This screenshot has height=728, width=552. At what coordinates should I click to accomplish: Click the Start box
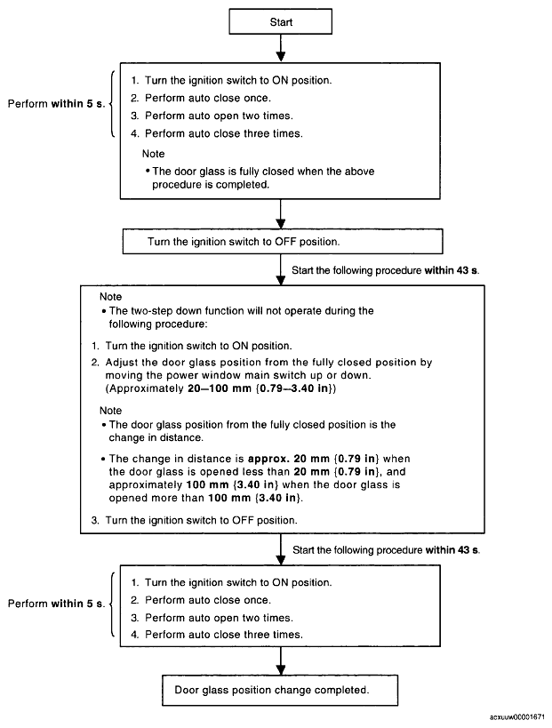[280, 21]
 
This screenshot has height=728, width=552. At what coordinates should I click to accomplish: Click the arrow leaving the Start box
[280, 48]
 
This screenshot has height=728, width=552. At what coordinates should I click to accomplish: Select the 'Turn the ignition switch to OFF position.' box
[283, 242]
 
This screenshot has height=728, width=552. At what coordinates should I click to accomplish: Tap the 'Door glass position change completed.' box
[280, 690]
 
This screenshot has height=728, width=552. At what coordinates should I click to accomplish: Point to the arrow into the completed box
[280, 660]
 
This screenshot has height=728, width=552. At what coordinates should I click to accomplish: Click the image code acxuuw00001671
[517, 717]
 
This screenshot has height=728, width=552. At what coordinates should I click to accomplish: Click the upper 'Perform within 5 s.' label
[56, 103]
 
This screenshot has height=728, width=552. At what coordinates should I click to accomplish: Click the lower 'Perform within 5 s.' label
[56, 604]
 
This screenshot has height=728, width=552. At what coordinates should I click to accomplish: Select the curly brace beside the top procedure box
[112, 104]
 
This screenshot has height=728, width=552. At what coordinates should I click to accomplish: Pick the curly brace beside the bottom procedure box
[112, 604]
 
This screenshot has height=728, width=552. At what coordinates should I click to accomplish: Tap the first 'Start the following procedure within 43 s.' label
[385, 270]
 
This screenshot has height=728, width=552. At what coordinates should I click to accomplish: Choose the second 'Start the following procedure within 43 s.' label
[387, 550]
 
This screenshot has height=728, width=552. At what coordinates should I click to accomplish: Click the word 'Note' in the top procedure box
[153, 154]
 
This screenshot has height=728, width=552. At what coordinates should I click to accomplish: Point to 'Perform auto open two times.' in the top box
[219, 116]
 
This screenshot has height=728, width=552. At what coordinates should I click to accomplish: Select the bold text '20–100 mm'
[220, 388]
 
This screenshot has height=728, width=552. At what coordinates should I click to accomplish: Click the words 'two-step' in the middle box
[152, 311]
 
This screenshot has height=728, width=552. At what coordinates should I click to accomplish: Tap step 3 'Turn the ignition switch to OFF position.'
[201, 521]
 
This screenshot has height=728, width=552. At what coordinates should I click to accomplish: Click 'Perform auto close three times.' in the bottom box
[224, 635]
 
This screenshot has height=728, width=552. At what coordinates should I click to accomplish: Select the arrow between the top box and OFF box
[280, 213]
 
